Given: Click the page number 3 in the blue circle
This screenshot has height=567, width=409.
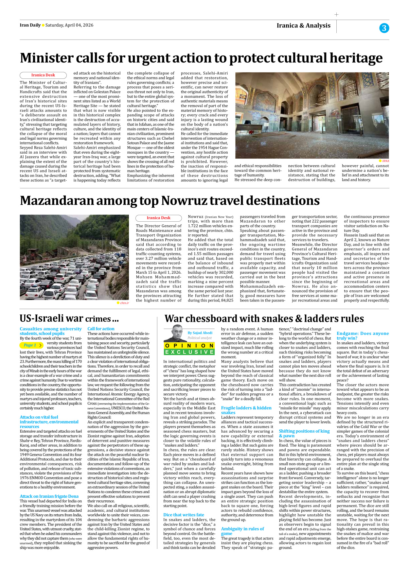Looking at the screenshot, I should [x=384, y=28].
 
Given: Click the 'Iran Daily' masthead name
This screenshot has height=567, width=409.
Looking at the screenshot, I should [x=30, y=25].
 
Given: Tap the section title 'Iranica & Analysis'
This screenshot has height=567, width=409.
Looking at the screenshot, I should [x=303, y=26].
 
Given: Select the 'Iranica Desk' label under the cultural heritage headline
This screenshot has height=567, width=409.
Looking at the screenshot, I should [x=43, y=75].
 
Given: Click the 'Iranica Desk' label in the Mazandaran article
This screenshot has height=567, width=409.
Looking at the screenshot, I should [x=158, y=218].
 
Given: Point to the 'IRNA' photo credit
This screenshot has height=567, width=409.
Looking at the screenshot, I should [x=385, y=161].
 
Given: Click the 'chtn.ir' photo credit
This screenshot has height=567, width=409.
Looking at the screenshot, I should [x=124, y=303].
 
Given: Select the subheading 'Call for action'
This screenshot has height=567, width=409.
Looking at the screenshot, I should [x=101, y=329].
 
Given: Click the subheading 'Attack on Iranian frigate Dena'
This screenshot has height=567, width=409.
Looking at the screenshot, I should [x=49, y=496].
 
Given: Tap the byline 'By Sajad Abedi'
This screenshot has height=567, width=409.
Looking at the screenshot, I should [x=200, y=333].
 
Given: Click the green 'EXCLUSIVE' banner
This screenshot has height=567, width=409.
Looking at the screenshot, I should [x=189, y=352].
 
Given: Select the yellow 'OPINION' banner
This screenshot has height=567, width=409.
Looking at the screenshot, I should [x=189, y=346].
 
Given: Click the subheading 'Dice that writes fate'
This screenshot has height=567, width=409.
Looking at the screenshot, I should [x=184, y=515].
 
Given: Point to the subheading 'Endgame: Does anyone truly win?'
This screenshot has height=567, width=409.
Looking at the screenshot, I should [x=363, y=336].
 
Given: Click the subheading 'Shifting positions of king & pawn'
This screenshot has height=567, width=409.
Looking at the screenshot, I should [x=304, y=433].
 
